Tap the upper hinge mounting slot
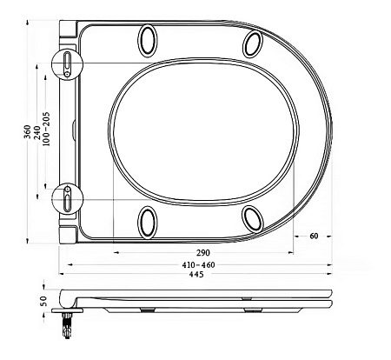pyautogui.click(x=68, y=63)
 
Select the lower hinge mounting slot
pyautogui.click(x=68, y=199)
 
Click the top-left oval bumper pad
pyautogui.click(x=149, y=40)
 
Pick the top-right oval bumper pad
pyautogui.click(x=254, y=43)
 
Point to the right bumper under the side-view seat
pyautogui.click(x=252, y=310)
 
